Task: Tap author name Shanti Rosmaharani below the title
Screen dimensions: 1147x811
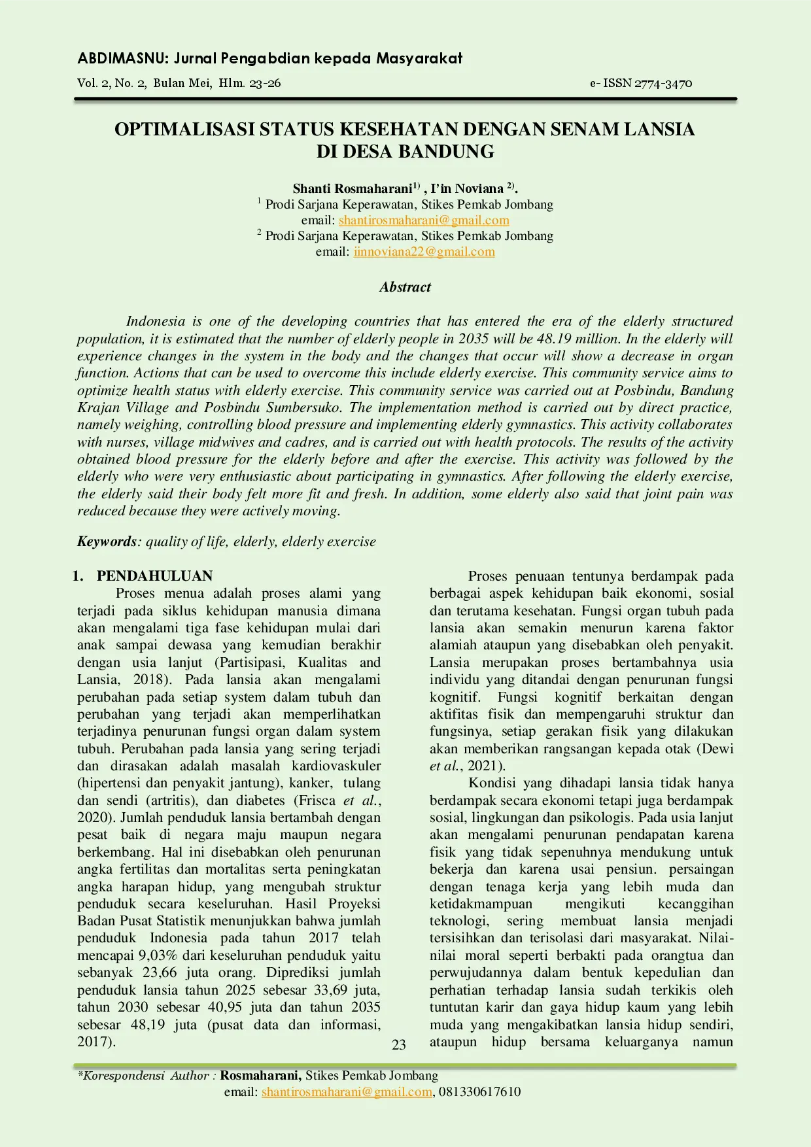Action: point(352,188)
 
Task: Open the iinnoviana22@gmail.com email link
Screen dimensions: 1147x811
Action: point(424,252)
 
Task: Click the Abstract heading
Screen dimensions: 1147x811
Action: point(405,287)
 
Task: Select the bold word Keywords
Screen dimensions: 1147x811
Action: point(107,541)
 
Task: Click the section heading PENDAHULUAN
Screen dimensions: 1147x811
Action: point(154,576)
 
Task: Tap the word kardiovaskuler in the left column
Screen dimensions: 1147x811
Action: point(336,766)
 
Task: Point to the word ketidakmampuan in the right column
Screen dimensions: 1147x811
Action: point(481,904)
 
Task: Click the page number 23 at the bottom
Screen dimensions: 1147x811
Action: point(398,1044)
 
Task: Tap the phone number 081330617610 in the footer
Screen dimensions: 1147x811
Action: point(479,1091)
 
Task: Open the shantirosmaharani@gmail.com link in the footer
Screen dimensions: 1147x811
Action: point(347,1091)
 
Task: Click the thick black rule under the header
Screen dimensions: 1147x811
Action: point(405,99)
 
